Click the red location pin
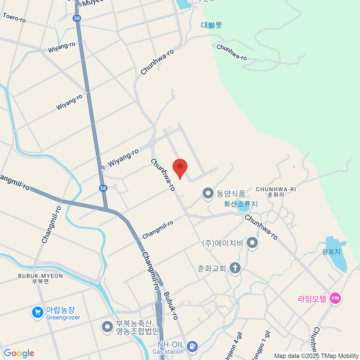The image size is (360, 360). (180, 167)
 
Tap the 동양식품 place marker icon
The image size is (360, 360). (208, 193)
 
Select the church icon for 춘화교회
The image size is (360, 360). (235, 268)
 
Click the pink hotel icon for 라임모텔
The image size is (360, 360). (335, 298)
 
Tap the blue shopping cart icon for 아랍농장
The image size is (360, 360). (37, 313)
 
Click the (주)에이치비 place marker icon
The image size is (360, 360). (252, 243)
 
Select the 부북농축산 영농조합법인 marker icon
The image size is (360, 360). (107, 327)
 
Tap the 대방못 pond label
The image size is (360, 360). (211, 25)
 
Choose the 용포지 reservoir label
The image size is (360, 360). (331, 252)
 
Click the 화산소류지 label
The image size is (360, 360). (241, 204)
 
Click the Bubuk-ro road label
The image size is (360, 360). (171, 306)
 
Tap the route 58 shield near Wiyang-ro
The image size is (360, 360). (103, 188)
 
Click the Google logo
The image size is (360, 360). (19, 353)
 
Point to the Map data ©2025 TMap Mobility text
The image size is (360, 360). (316, 356)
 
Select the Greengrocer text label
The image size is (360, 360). (63, 318)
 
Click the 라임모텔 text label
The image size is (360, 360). (312, 299)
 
